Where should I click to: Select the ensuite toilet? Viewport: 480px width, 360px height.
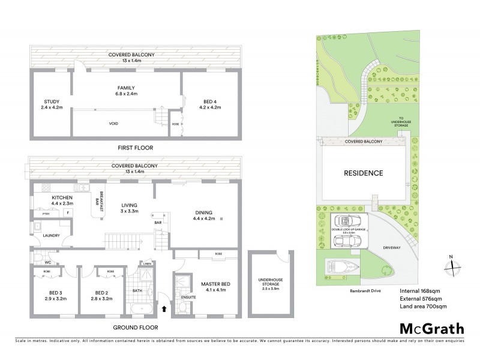(180, 306)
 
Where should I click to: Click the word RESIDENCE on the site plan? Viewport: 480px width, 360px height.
(363, 173)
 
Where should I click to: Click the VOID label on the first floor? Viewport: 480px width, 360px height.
(113, 124)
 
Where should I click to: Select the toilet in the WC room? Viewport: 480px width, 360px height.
(35, 261)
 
